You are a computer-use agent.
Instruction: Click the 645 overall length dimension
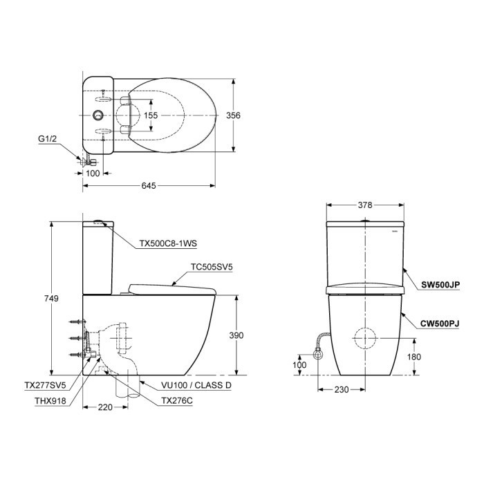[149, 185]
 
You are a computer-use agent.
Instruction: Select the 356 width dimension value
[234, 115]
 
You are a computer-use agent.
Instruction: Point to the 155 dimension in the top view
[151, 115]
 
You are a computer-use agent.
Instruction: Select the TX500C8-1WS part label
[169, 243]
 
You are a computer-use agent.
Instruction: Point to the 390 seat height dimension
[236, 335]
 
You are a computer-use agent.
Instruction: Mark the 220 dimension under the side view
[104, 407]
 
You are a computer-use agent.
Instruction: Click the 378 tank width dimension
[364, 205]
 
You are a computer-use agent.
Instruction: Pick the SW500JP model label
[441, 283]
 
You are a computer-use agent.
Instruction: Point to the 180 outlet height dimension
[413, 357]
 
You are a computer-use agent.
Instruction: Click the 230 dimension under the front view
[341, 390]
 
